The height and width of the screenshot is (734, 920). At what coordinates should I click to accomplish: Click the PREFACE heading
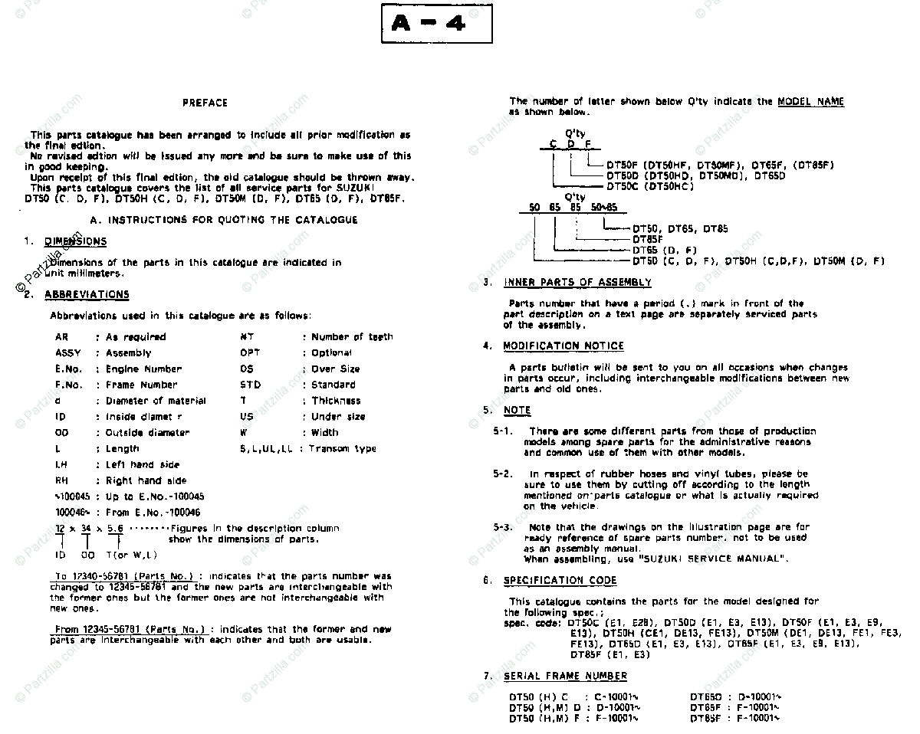click(x=205, y=103)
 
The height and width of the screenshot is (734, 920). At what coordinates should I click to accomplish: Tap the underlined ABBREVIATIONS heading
click(x=87, y=294)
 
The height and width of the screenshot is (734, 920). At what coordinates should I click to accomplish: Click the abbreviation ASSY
click(x=71, y=353)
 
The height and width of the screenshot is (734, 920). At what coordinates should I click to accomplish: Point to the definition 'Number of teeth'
click(x=352, y=337)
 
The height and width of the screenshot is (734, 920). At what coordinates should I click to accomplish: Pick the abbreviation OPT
click(x=250, y=353)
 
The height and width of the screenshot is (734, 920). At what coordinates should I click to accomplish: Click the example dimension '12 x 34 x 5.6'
click(x=89, y=529)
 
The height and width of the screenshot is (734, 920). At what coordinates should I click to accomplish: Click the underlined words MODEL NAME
click(x=810, y=102)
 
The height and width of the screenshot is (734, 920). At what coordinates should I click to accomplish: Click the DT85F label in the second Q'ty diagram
click(x=648, y=239)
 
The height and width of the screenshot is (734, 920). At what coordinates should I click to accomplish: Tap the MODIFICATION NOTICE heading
click(x=563, y=346)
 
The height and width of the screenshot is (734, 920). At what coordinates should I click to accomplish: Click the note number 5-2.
click(x=503, y=473)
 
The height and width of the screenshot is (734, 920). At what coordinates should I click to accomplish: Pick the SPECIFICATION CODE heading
click(x=560, y=581)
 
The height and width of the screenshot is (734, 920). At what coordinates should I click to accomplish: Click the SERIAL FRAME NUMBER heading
click(x=565, y=676)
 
